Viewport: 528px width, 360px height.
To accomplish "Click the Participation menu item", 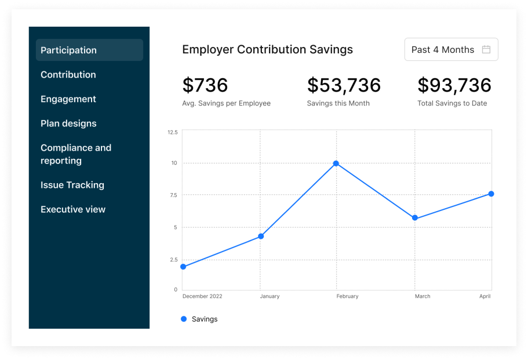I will pos(68,50).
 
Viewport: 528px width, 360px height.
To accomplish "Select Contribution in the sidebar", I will pos(68,75).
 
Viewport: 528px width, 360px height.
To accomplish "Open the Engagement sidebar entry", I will pos(68,99).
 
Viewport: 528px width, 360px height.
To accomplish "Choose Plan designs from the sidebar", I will pos(68,123).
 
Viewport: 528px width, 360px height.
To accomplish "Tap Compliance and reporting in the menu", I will pos(75,154).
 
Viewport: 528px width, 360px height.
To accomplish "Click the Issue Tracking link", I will pos(72,185).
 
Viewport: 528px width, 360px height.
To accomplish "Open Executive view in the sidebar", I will pos(73,209).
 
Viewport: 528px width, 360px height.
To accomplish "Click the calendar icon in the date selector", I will pos(486,50).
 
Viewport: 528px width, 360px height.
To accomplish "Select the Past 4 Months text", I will pos(443,50).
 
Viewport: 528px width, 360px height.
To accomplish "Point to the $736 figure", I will pos(205,85).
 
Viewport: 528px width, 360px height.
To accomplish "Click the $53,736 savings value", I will pos(344,85).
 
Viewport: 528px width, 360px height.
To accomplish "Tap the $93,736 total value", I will pos(454,85).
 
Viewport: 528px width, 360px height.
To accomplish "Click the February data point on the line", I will pos(336,163).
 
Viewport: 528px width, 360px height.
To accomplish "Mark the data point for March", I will pos(415,218).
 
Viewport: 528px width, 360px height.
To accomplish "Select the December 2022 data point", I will pos(183,267).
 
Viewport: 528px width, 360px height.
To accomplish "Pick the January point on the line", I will pos(261,236).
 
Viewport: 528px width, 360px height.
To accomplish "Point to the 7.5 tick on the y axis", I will pos(173,195).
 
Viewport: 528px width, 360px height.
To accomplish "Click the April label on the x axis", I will pos(485,296).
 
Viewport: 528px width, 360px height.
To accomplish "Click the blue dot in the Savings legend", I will pos(184,319).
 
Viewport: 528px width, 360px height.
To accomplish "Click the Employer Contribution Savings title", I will pos(267,50).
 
